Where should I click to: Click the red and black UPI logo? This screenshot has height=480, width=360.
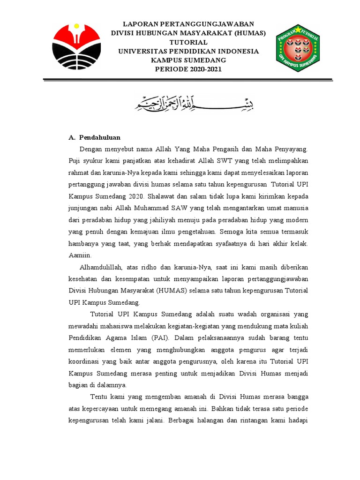click(x=76, y=46)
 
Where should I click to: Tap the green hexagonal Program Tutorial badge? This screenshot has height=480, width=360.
click(x=298, y=48)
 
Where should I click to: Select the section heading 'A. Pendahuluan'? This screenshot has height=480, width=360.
click(x=95, y=137)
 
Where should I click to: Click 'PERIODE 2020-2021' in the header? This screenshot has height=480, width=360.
click(x=188, y=69)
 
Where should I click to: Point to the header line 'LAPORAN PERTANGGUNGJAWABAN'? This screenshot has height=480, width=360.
click(x=188, y=24)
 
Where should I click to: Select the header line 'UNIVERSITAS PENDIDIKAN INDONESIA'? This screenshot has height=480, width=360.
click(x=188, y=51)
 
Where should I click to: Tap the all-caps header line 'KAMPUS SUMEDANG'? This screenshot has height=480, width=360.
click(x=188, y=60)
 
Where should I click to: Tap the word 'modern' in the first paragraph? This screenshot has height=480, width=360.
click(x=297, y=219)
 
